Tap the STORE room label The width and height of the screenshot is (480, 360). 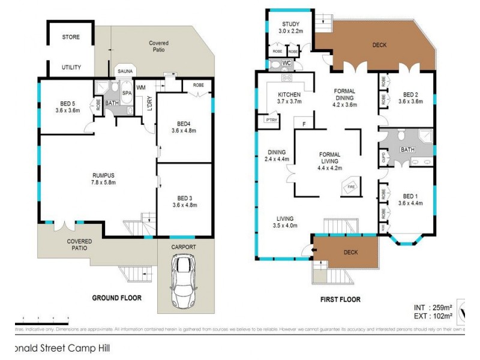[71, 37]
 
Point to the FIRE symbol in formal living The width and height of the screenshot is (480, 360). [352, 188]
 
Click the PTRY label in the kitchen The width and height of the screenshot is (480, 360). [271, 120]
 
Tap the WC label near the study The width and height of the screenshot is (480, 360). [286, 62]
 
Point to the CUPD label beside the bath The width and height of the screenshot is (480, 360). [383, 157]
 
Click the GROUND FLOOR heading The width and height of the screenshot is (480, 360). [116, 298]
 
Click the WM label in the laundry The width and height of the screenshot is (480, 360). [142, 88]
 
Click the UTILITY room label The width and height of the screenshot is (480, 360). [71, 67]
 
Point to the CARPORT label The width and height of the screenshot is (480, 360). [185, 245]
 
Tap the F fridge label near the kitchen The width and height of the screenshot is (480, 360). [304, 124]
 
